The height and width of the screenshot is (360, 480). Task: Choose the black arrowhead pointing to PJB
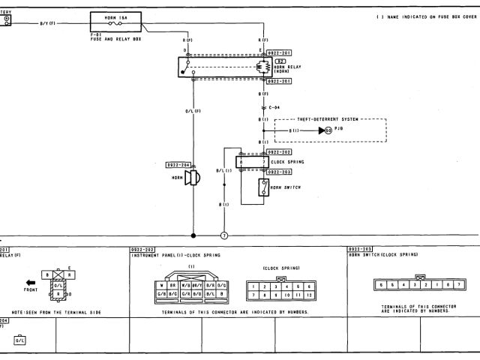[x=321, y=130]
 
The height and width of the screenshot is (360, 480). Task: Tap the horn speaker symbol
[x=191, y=178]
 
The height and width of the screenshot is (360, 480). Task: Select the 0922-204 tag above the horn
[x=179, y=165]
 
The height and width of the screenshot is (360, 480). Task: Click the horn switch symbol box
[x=263, y=187]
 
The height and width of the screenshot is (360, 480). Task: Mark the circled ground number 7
[x=223, y=235]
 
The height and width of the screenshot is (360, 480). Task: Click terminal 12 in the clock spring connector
[x=307, y=295]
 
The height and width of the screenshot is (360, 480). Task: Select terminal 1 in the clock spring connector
[x=255, y=286]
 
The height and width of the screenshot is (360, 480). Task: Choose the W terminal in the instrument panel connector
[x=162, y=285]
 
